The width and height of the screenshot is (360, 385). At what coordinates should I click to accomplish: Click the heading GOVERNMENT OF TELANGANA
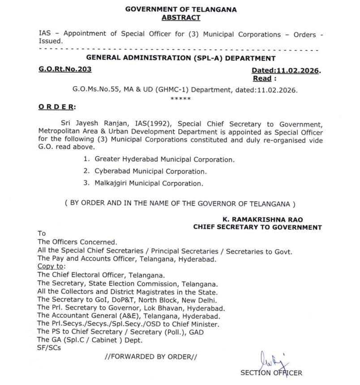point(181,9)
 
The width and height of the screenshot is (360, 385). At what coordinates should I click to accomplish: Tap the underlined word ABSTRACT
point(181,18)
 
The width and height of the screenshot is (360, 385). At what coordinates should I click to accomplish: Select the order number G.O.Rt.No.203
point(64,69)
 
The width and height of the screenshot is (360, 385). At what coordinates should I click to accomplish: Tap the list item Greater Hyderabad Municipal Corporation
point(164,159)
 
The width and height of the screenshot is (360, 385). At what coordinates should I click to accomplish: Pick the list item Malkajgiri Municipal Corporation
point(149,183)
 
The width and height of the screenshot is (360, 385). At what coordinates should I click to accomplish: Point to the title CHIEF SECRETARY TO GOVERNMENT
point(257,227)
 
